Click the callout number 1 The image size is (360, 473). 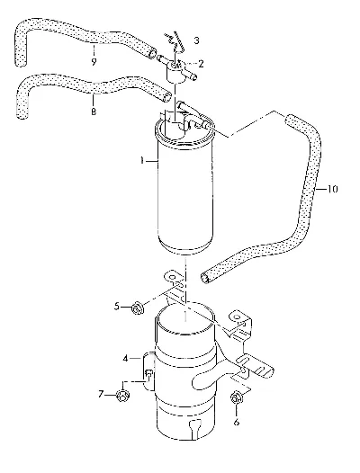pos(142,160)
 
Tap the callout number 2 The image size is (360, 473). pos(201,64)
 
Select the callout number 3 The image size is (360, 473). pos(196,40)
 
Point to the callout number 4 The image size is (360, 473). pos(126,359)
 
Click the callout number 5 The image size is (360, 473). pos(117,307)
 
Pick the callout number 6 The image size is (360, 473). pos(237,422)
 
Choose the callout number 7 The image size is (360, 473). pos(101,394)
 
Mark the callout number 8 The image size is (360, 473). pos(94,112)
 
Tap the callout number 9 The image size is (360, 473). pos(94,62)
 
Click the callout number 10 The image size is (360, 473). pos(332,189)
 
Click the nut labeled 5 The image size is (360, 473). pos(138,308)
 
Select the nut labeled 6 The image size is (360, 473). pos(237,397)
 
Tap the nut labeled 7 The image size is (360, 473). pos(123,396)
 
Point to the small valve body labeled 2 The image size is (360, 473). pos(176,72)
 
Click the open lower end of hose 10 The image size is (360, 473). pos(204,278)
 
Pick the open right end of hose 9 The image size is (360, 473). pos(152,53)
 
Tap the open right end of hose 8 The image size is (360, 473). pos(166,97)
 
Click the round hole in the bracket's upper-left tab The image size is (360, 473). pos(172,276)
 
